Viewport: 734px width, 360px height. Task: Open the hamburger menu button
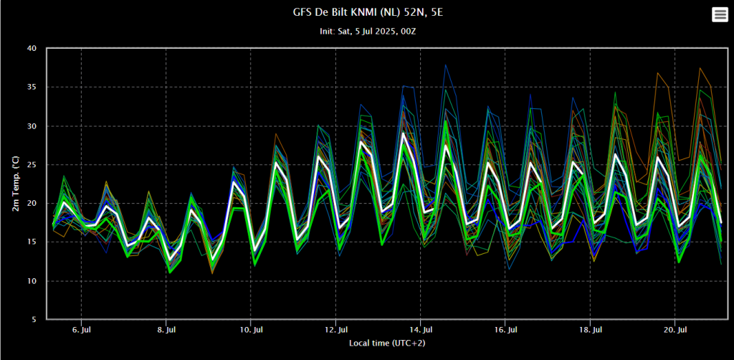tap(720, 15)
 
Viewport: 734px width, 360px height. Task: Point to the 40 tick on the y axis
tap(32, 49)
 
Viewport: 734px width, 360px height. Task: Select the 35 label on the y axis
tap(32, 87)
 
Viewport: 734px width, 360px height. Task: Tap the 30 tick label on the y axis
tap(32, 126)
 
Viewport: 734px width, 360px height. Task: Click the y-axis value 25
tap(32, 165)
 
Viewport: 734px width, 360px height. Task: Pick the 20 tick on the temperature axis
tap(32, 204)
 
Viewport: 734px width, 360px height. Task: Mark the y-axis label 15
tap(32, 242)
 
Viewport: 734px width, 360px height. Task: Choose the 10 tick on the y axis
tap(32, 281)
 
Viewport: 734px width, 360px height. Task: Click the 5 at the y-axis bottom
tap(34, 320)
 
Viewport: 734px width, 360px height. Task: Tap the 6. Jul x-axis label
tap(82, 330)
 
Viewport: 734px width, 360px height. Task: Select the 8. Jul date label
tap(166, 330)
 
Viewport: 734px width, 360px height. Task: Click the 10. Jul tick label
tap(251, 330)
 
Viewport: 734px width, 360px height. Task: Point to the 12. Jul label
tap(335, 330)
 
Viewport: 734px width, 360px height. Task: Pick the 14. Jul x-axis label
tap(421, 330)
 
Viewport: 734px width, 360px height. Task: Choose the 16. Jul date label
tap(505, 330)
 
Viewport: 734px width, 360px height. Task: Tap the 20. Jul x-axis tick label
tap(675, 330)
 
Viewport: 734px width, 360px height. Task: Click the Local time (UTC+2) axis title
tap(386, 344)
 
